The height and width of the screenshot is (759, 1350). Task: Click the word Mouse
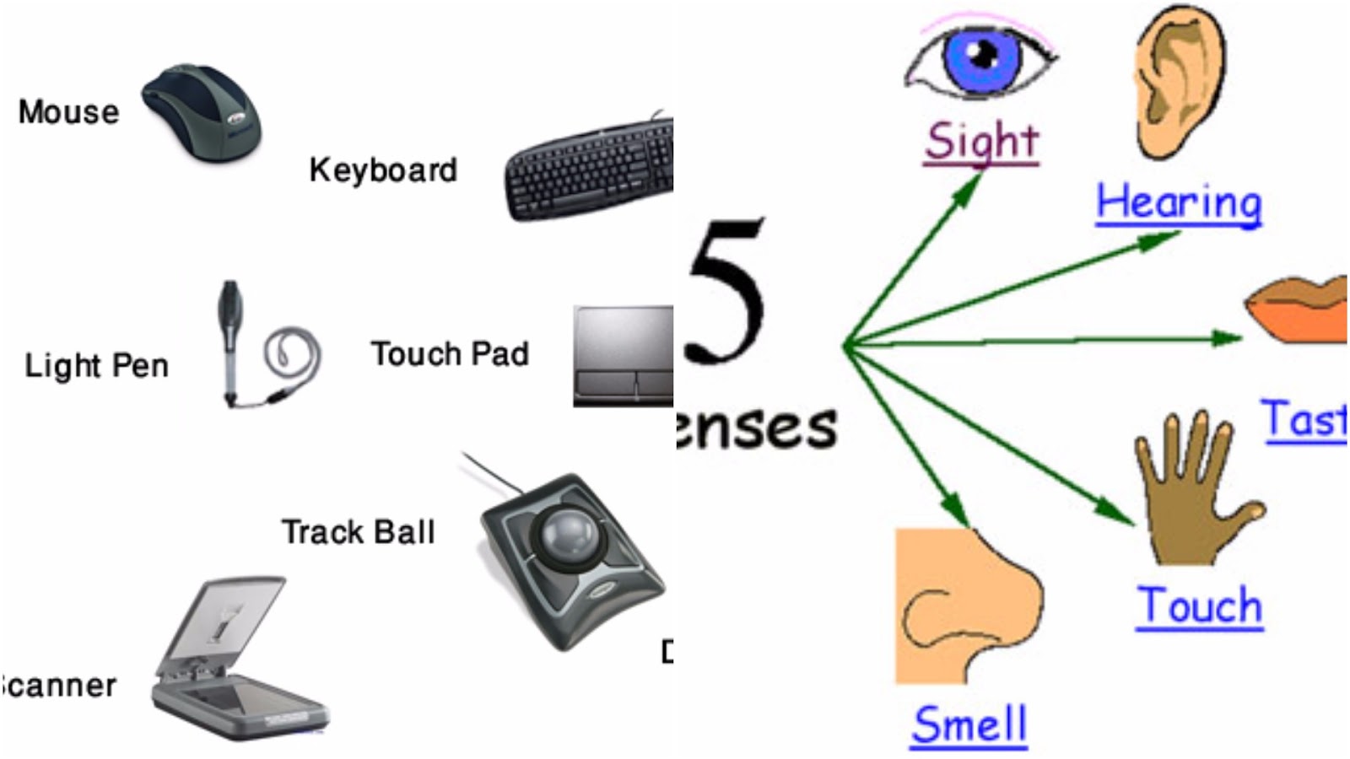pyautogui.click(x=68, y=112)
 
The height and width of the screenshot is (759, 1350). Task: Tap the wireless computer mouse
pyautogui.click(x=202, y=114)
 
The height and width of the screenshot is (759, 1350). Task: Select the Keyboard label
pyautogui.click(x=383, y=170)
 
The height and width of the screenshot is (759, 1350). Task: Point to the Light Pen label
pyautogui.click(x=96, y=366)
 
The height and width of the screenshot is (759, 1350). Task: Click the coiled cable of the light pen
pyautogui.click(x=293, y=354)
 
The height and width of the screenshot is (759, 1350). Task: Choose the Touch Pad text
pyautogui.click(x=450, y=354)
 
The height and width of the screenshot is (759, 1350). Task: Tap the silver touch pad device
pyautogui.click(x=623, y=354)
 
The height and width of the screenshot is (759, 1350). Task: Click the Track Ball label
pyautogui.click(x=358, y=532)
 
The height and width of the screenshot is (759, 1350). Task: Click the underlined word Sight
pyautogui.click(x=981, y=142)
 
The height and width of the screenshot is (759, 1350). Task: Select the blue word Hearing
pyautogui.click(x=1178, y=203)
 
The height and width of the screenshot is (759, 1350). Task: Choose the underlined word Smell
pyautogui.click(x=969, y=725)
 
